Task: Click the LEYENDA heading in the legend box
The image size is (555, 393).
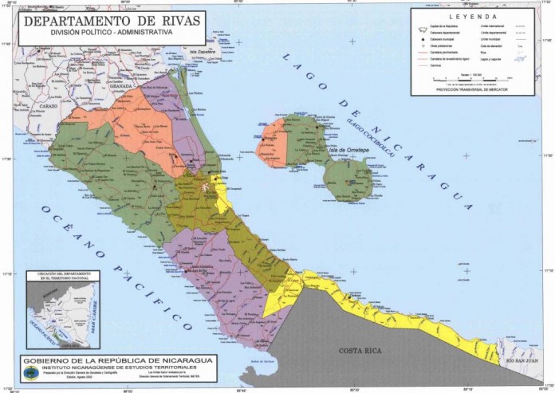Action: pos(472,16)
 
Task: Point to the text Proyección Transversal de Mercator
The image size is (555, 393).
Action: pos(473,89)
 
